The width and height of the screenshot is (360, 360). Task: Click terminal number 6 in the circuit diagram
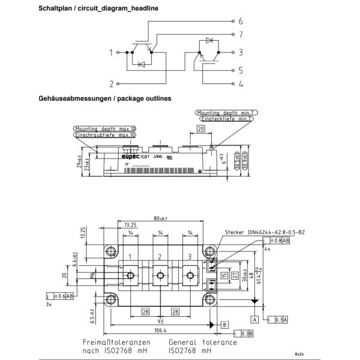click(241, 20)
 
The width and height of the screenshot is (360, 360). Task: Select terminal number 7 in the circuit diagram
click(241, 35)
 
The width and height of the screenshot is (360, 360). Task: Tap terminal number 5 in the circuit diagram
click(241, 70)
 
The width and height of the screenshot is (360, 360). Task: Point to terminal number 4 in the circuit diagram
click(241, 84)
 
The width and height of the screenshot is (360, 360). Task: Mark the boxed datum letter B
click(224, 324)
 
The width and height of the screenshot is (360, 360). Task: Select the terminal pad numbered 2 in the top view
click(160, 257)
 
